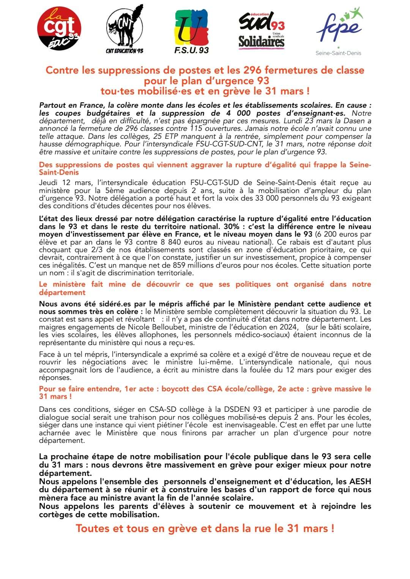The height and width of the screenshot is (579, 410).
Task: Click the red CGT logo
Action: click(59, 28)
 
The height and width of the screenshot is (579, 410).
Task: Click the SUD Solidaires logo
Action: click(261, 30)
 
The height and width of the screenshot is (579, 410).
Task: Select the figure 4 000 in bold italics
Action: click(238, 113)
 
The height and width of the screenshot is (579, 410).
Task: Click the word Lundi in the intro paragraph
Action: click(303, 121)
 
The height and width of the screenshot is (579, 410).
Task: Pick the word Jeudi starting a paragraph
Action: click(48, 183)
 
